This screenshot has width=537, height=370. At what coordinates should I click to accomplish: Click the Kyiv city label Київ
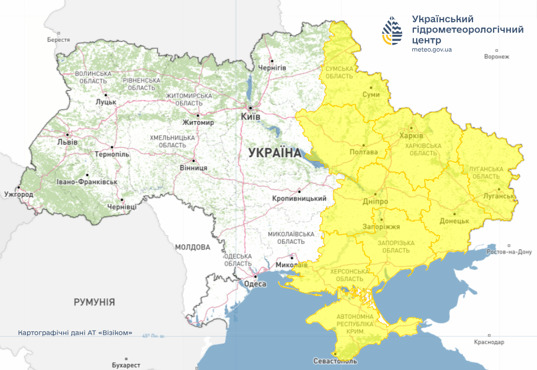point(251,117)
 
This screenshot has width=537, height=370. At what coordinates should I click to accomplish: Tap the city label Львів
point(68,142)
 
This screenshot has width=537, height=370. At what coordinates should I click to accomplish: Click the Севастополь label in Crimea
point(335,361)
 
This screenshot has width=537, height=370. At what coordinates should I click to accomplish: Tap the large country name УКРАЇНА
point(274,153)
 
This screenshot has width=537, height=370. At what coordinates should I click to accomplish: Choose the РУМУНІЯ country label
point(94,302)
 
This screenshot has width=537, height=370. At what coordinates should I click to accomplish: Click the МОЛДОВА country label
point(193,247)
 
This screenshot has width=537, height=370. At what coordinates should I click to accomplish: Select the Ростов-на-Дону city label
point(510,252)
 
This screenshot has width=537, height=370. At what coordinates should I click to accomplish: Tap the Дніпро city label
point(375,201)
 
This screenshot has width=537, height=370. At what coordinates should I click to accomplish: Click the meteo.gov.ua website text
point(431,49)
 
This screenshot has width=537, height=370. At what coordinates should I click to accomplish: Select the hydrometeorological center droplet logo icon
point(393,30)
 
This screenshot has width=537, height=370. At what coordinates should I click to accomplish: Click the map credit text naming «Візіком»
point(75,333)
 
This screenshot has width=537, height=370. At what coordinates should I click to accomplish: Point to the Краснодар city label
point(489,342)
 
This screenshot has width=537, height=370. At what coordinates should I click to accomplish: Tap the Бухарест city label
point(126,365)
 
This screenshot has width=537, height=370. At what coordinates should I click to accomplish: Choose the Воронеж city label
point(497,57)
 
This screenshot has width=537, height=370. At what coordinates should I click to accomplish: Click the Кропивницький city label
point(299,199)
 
